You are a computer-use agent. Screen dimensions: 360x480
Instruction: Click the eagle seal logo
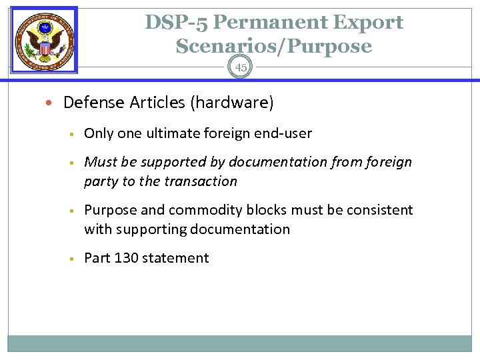point(45,40)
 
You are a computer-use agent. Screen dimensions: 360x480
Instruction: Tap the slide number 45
point(241,67)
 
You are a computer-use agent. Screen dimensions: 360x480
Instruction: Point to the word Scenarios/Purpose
point(274,46)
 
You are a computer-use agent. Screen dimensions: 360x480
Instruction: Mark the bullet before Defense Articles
point(53,103)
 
